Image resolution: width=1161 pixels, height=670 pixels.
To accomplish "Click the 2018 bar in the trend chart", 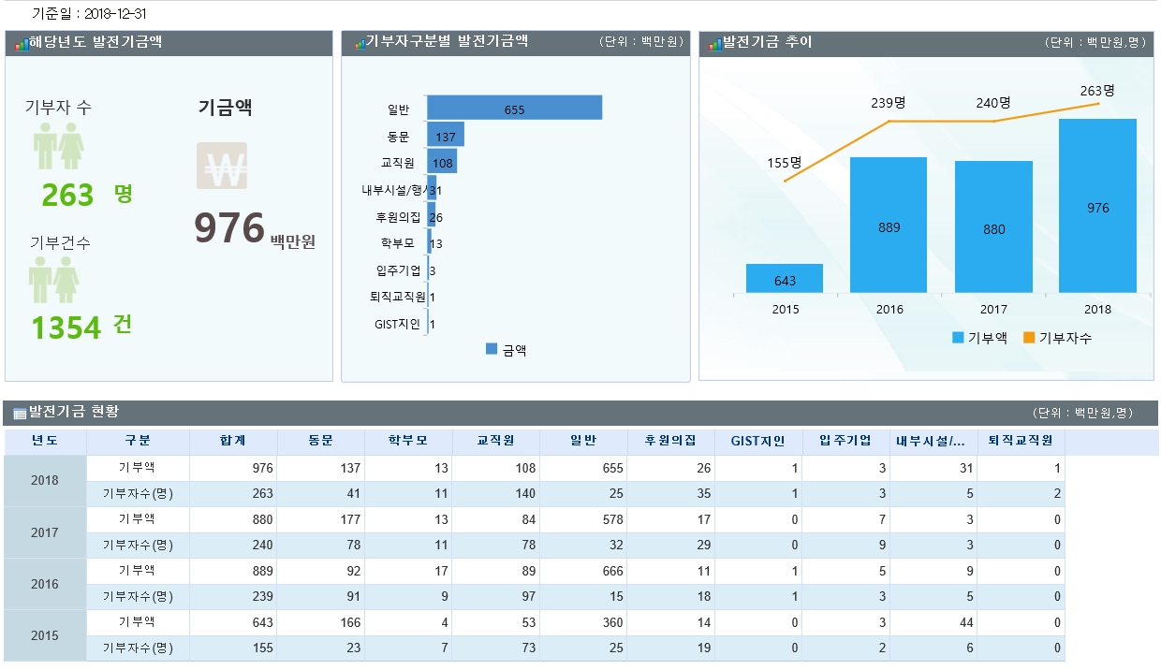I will (1097, 206).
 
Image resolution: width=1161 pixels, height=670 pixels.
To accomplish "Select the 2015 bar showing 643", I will (785, 279).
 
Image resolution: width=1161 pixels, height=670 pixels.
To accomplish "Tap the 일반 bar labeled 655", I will (514, 108).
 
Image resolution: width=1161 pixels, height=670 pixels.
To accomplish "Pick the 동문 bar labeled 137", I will (445, 136).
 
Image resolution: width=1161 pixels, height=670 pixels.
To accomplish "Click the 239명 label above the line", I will (889, 103).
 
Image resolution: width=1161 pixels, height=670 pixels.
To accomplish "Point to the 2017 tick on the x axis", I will (993, 309).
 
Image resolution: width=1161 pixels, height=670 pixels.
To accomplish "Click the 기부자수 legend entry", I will (1057, 338).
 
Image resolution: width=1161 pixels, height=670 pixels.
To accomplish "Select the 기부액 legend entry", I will (979, 338).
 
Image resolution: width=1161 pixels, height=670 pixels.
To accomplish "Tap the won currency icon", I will (222, 167).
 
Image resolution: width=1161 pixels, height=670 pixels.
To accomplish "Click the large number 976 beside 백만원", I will (229, 227).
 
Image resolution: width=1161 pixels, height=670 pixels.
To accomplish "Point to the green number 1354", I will (66, 328).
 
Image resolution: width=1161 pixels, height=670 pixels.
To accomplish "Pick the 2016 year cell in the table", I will (45, 584).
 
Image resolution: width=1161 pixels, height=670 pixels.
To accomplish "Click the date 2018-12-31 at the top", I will (115, 14).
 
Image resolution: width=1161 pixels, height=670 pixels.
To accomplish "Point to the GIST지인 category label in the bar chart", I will (397, 325).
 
